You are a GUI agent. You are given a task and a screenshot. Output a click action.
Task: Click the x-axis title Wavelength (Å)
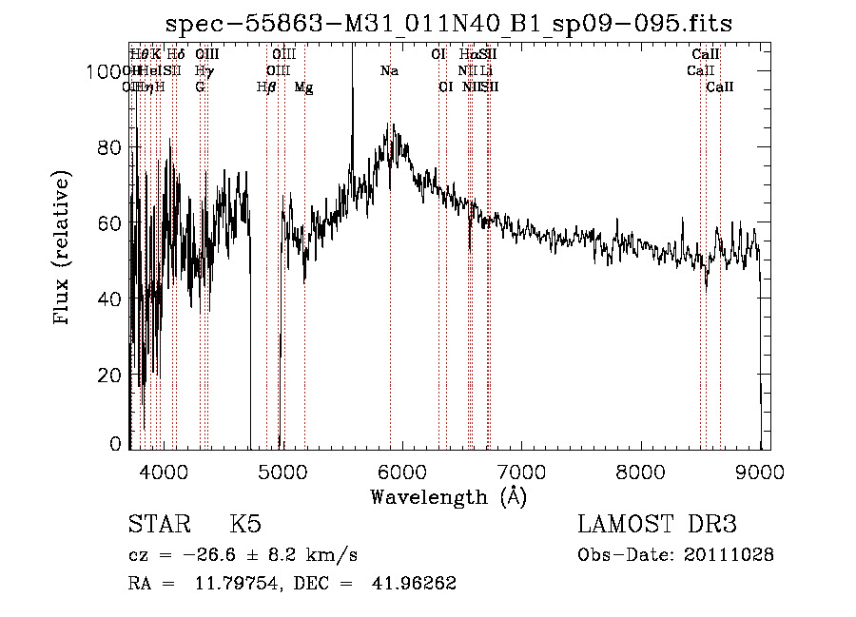tap(447, 495)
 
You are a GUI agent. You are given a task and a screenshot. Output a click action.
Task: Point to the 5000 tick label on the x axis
tap(282, 470)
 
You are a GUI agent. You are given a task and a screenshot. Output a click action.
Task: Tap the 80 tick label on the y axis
tap(111, 147)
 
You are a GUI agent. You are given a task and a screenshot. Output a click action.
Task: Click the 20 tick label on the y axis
tap(111, 376)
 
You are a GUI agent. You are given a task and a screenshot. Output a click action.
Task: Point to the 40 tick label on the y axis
tap(111, 299)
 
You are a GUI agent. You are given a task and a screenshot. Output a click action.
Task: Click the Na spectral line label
tap(389, 71)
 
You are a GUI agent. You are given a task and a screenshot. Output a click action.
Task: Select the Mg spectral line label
tap(303, 87)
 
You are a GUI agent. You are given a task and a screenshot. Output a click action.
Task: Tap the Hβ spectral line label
tap(266, 87)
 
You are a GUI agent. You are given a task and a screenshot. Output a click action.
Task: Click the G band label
tap(200, 87)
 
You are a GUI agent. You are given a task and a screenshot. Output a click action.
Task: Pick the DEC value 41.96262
tap(416, 584)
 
